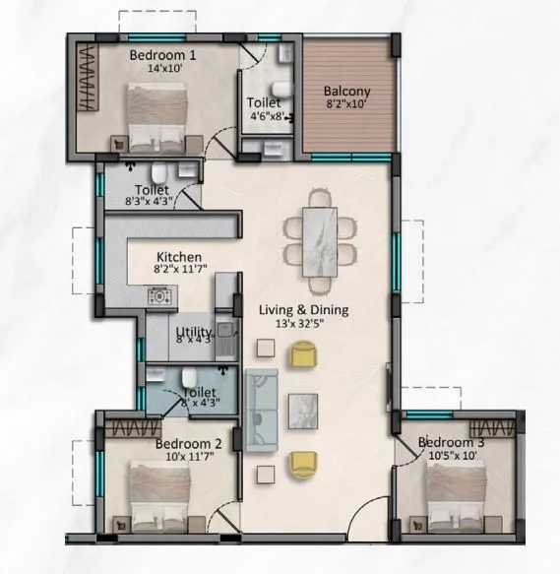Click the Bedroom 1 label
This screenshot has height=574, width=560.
(x=163, y=56)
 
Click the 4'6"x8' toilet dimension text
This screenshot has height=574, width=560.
(x=263, y=116)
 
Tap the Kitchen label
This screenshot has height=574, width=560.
(x=178, y=251)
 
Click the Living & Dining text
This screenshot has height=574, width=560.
(x=303, y=309)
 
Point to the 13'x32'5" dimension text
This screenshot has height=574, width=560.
(x=303, y=323)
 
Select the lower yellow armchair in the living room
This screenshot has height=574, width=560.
(x=305, y=463)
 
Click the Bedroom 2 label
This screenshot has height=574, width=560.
(x=188, y=444)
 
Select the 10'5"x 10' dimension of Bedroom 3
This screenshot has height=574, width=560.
(x=452, y=456)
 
